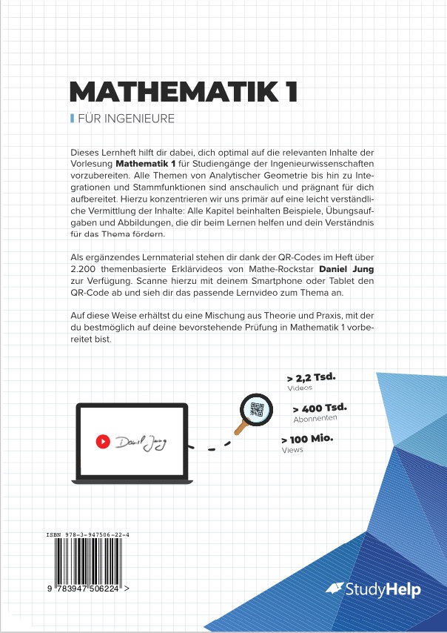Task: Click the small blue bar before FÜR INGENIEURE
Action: click(x=71, y=119)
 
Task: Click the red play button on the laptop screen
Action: click(x=103, y=442)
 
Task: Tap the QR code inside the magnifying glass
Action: click(x=257, y=408)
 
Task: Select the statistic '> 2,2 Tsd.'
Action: click(x=311, y=377)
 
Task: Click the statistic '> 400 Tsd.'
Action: click(x=320, y=408)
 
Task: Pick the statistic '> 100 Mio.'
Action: click(x=307, y=440)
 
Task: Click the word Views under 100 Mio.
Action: click(x=292, y=450)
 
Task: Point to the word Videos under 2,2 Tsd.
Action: click(x=300, y=388)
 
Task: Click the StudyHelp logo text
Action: click(x=382, y=590)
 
